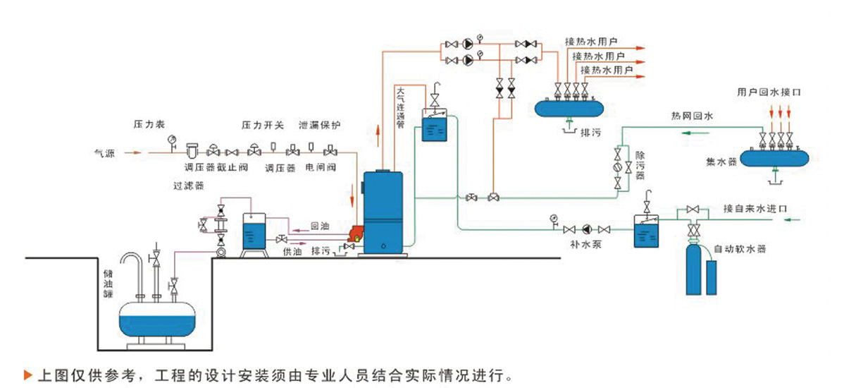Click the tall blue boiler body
point(383,211)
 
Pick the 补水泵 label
point(585,243)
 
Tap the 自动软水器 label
point(740,250)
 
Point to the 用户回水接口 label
point(768,92)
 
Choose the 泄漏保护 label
point(319,125)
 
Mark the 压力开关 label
point(262,125)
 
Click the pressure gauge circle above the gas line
point(172,138)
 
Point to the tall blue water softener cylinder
point(694,270)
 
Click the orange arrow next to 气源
point(133,153)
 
